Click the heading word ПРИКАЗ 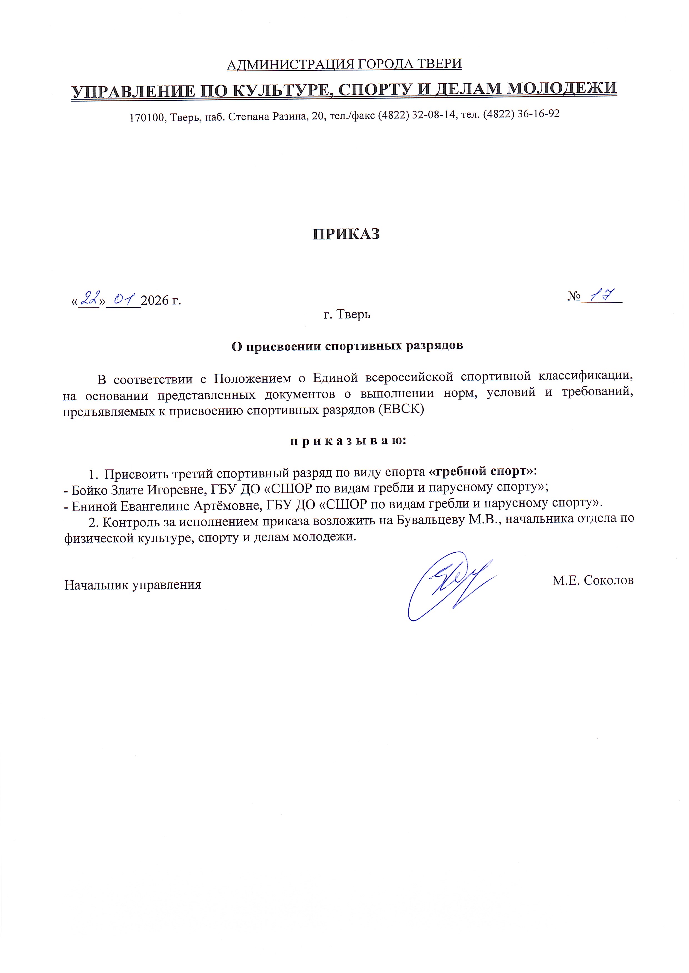346,234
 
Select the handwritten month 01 123,298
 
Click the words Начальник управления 133,585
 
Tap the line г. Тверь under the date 347,314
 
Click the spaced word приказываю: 348,441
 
